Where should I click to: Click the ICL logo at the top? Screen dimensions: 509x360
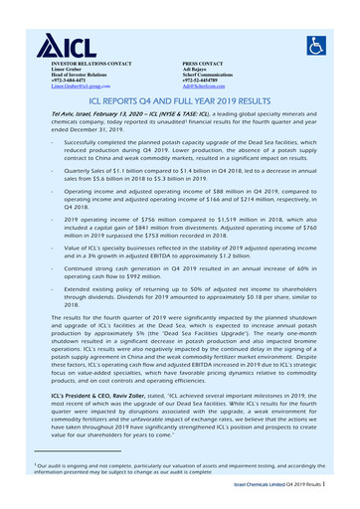pyautogui.click(x=63, y=44)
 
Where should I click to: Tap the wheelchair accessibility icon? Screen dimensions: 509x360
pyautogui.click(x=315, y=45)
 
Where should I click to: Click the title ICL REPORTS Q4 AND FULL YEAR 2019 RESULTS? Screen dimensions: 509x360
pyautogui.click(x=180, y=101)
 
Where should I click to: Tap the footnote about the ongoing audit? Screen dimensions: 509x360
pyautogui.click(x=179, y=468)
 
